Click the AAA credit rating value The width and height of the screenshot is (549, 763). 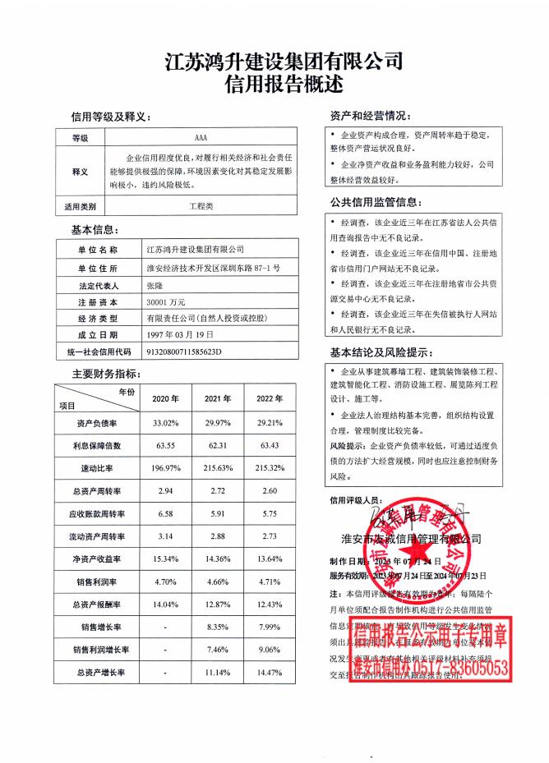(201, 138)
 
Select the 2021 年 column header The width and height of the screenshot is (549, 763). (217, 398)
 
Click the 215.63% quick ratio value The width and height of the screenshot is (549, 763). (217, 468)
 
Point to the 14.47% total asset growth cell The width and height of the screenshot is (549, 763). (270, 673)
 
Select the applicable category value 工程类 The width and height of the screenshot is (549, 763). (201, 206)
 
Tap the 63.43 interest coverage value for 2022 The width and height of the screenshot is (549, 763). (270, 446)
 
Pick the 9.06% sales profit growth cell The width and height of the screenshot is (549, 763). (270, 650)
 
